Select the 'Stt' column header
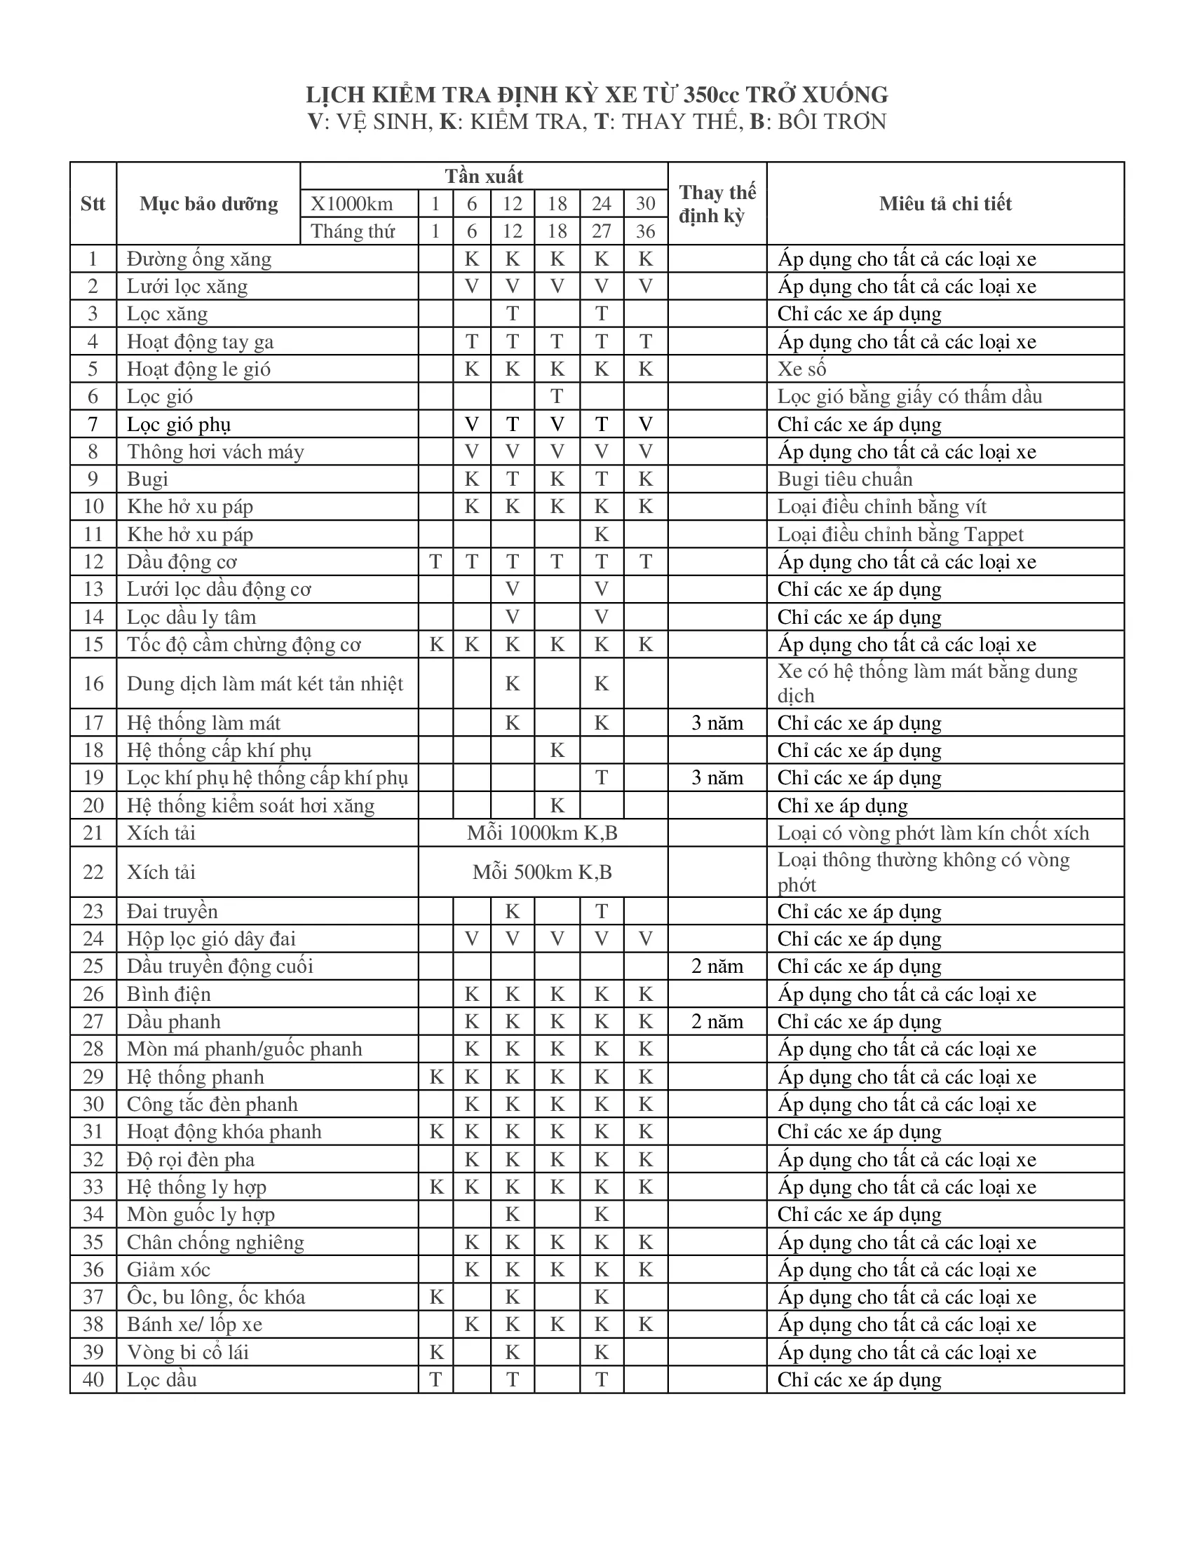tap(93, 204)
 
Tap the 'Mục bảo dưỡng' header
tap(208, 204)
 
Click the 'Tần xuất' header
tap(484, 176)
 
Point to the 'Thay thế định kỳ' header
tap(717, 204)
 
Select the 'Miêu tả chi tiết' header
tap(945, 204)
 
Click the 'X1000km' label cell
tap(352, 204)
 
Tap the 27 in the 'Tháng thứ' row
tap(601, 231)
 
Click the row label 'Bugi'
tap(147, 479)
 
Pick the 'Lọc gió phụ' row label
tap(179, 424)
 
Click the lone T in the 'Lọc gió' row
tap(557, 397)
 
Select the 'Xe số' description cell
tap(801, 369)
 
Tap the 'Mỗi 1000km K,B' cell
tap(542, 833)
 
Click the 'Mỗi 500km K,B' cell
tap(542, 872)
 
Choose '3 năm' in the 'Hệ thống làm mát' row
tap(717, 723)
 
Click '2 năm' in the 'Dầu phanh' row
tap(717, 1022)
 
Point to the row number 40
tap(93, 1379)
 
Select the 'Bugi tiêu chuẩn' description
tap(845, 479)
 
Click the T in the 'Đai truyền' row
tap(601, 911)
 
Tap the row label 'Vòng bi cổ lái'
tap(188, 1352)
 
